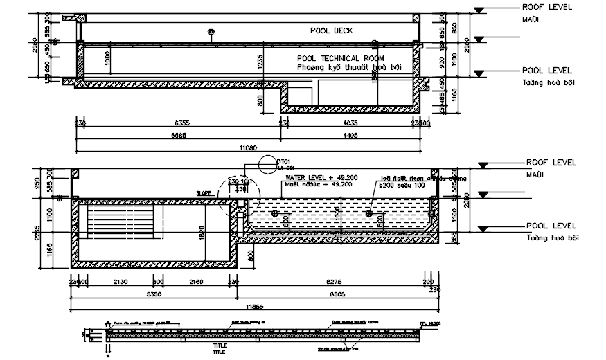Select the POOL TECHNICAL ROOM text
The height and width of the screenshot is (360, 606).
pyautogui.click(x=340, y=58)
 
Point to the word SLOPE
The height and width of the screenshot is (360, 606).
pyautogui.click(x=204, y=193)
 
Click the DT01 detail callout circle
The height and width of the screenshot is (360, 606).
pyautogui.click(x=266, y=165)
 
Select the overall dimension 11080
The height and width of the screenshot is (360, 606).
pyautogui.click(x=247, y=147)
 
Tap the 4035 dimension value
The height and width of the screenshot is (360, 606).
pyautogui.click(x=351, y=123)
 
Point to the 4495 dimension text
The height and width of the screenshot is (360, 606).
pyautogui.click(x=350, y=136)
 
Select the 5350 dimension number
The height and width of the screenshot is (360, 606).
pyautogui.click(x=154, y=294)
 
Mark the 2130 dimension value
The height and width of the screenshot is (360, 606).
pyautogui.click(x=120, y=282)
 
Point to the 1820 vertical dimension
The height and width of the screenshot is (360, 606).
pyautogui.click(x=202, y=233)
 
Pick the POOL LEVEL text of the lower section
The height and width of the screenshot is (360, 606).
pyautogui.click(x=548, y=226)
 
